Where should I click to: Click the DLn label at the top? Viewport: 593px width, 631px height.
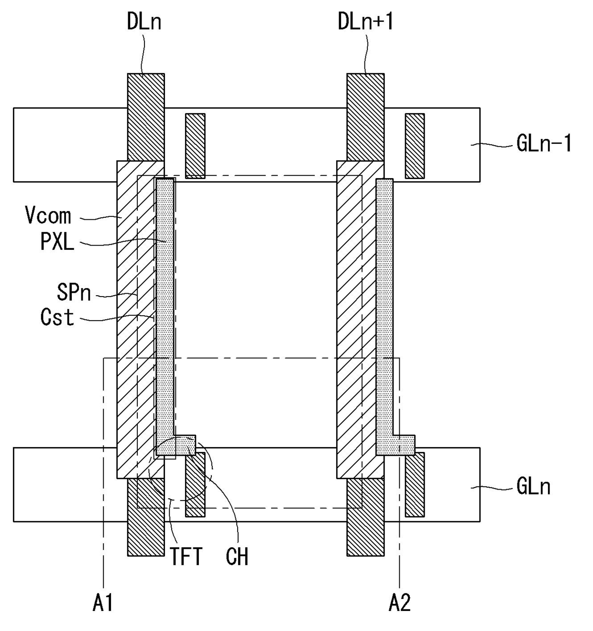144,22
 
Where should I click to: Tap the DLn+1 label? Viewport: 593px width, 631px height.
365,22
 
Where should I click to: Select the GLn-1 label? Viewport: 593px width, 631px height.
544,143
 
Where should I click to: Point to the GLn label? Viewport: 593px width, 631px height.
533,487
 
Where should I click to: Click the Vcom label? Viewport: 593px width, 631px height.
48,216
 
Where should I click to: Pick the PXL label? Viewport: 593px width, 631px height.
57,242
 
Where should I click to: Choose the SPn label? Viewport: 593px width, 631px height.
74,292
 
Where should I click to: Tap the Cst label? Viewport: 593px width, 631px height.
57,317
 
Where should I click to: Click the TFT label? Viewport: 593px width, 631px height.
186,557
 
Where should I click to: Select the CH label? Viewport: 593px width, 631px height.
237,557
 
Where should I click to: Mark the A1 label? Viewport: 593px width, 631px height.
103,603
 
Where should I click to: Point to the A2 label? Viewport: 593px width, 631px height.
399,603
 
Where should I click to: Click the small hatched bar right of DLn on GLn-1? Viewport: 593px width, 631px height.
195,146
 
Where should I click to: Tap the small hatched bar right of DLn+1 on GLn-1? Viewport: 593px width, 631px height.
415,146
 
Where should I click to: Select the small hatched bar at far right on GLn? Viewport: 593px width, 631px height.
415,484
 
